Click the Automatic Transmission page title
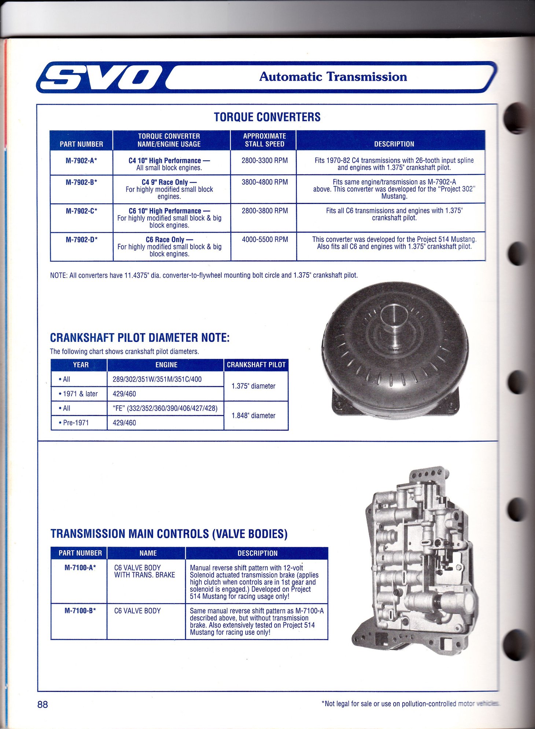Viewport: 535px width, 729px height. pos(333,77)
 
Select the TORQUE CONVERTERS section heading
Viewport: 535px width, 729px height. pos(267,117)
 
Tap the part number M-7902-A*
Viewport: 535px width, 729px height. pos(81,161)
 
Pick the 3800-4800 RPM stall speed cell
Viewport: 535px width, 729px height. pos(265,182)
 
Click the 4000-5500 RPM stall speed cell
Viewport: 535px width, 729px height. pos(265,240)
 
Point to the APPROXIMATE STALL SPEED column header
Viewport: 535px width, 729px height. pos(265,140)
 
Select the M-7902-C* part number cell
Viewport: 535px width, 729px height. pos(81,211)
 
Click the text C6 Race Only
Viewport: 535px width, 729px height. pos(165,240)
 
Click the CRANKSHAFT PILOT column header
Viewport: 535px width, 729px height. pos(256,365)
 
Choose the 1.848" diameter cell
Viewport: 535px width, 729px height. pos(253,416)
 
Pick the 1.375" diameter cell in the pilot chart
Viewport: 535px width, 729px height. pos(253,386)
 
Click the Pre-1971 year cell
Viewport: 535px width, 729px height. pos(76,423)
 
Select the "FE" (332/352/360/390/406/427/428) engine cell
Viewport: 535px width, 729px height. pos(165,408)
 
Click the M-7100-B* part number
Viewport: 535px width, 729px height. pos(80,611)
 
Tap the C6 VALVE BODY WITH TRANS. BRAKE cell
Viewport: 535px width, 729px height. pos(144,571)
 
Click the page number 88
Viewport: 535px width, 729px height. pos(43,704)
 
